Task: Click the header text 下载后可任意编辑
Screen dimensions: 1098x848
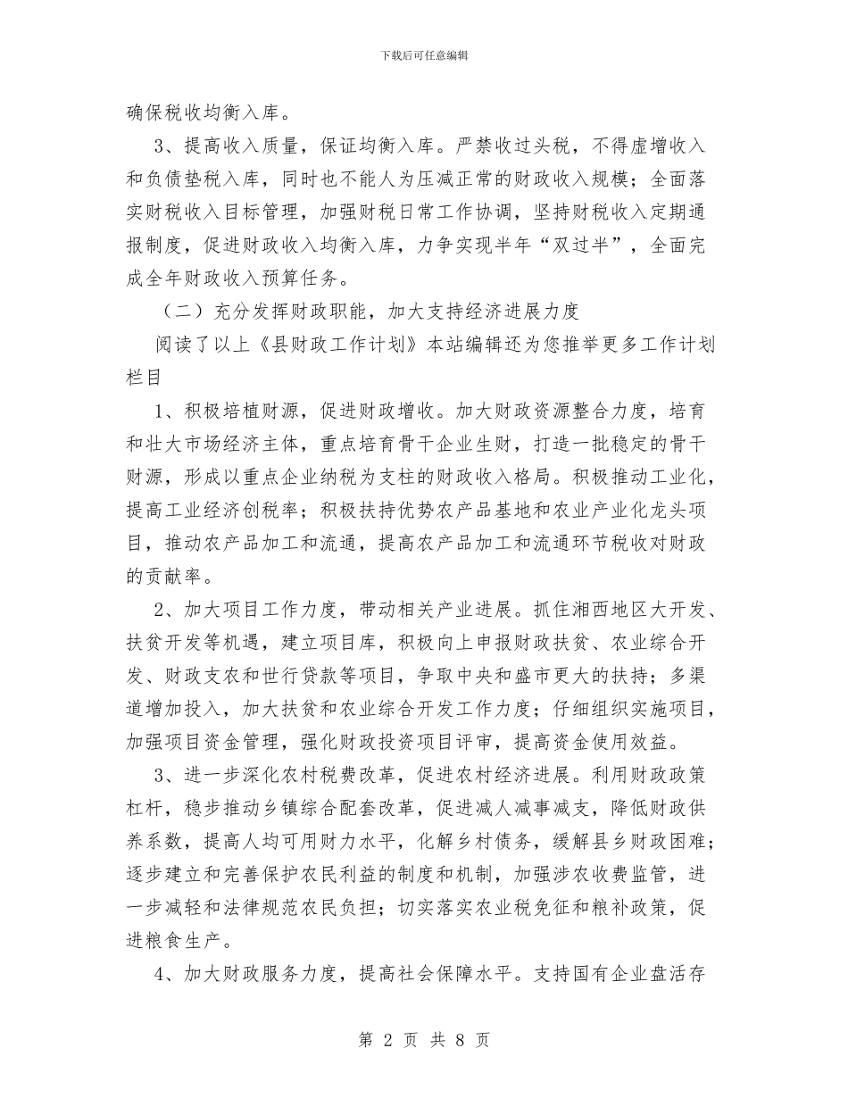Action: point(424,55)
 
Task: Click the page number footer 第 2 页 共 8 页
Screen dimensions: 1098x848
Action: point(424,1040)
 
